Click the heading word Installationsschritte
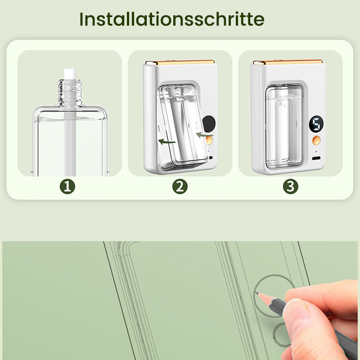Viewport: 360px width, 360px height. (x=172, y=19)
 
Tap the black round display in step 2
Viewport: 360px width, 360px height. (x=208, y=122)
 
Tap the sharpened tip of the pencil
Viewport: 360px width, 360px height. (x=257, y=293)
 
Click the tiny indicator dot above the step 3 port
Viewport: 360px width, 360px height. (x=316, y=151)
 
